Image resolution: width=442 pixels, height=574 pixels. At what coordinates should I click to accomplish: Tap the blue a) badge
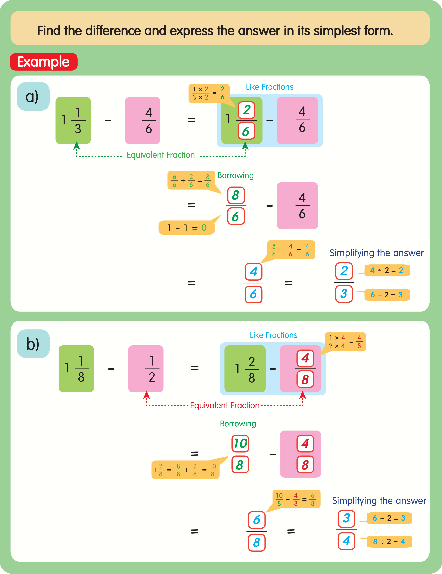pyautogui.click(x=33, y=96)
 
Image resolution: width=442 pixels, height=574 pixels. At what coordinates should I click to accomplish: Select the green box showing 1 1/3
pyautogui.click(x=73, y=120)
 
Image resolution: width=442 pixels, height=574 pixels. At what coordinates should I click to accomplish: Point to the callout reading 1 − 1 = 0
pyautogui.click(x=186, y=228)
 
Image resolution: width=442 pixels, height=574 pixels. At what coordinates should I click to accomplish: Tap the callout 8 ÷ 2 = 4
pyautogui.click(x=389, y=541)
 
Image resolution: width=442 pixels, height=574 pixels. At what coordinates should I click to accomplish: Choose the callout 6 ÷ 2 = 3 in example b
pyautogui.click(x=389, y=518)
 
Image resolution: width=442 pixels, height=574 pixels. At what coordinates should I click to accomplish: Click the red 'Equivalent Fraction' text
pyautogui.click(x=225, y=405)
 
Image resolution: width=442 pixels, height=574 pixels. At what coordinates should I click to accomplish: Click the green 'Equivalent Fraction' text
pyautogui.click(x=161, y=155)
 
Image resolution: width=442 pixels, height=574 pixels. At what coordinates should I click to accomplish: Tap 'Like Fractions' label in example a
pyautogui.click(x=269, y=87)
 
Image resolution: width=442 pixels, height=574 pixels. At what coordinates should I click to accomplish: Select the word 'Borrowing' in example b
pyautogui.click(x=238, y=424)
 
